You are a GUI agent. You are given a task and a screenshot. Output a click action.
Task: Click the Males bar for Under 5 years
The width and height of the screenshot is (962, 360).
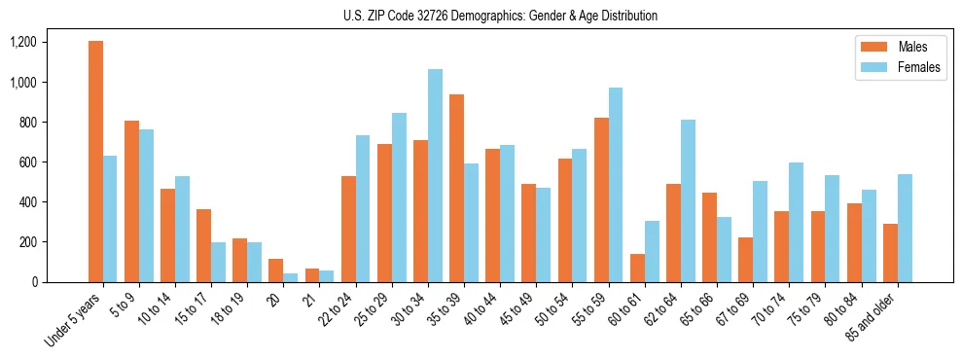95,162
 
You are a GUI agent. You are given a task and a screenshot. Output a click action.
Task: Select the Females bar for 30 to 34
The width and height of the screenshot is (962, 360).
435,175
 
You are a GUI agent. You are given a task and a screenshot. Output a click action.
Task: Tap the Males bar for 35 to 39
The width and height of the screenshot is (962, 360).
456,188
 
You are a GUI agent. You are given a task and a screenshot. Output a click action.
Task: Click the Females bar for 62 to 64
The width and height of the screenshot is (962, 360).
688,200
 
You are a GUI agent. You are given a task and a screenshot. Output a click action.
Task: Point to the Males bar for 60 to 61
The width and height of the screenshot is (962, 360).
637,268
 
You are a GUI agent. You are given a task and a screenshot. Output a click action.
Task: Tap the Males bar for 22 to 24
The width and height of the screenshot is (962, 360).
348,229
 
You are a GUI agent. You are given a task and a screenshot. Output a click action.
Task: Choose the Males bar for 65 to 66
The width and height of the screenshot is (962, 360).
709,237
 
